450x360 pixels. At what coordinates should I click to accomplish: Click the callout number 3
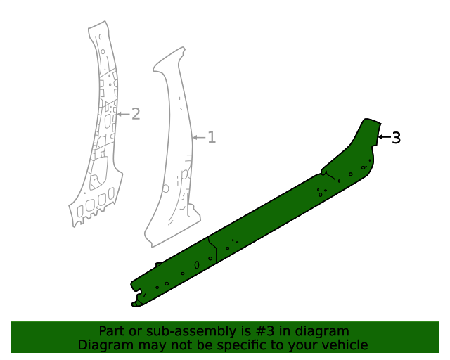point(396,138)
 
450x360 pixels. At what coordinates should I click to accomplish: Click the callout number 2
point(136,114)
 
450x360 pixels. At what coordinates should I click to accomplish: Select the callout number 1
point(211,137)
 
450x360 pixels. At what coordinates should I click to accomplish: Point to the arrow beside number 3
point(383,137)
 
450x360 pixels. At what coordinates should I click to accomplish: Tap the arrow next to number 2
point(123,114)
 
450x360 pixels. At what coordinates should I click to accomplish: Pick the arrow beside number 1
point(198,136)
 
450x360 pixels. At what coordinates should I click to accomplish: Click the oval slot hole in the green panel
point(197,266)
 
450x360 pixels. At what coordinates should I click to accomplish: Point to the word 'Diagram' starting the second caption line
point(103,345)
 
